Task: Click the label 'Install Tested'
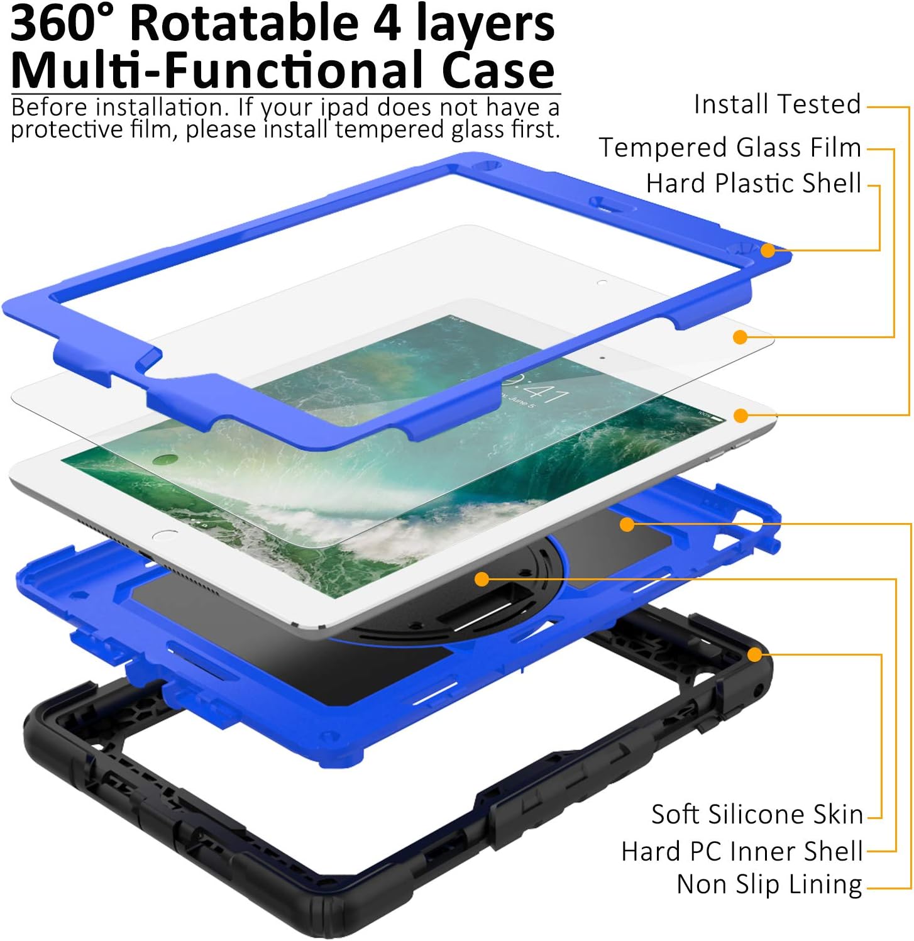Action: click(x=777, y=104)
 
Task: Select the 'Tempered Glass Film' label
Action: click(x=730, y=148)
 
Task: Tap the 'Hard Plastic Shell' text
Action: click(x=753, y=184)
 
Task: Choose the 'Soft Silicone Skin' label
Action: click(x=757, y=815)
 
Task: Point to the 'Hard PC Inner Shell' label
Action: click(x=742, y=852)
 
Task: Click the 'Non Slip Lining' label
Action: click(x=769, y=884)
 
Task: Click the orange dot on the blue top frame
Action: click(x=768, y=250)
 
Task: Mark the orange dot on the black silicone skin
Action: click(x=754, y=655)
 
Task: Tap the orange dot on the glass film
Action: click(x=741, y=338)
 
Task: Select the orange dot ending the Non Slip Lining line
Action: click(x=627, y=524)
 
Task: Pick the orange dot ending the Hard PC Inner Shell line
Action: click(x=482, y=580)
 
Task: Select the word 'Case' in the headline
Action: click(x=497, y=70)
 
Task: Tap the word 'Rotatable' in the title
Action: click(x=244, y=24)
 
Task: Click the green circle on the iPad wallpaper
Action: click(x=163, y=461)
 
